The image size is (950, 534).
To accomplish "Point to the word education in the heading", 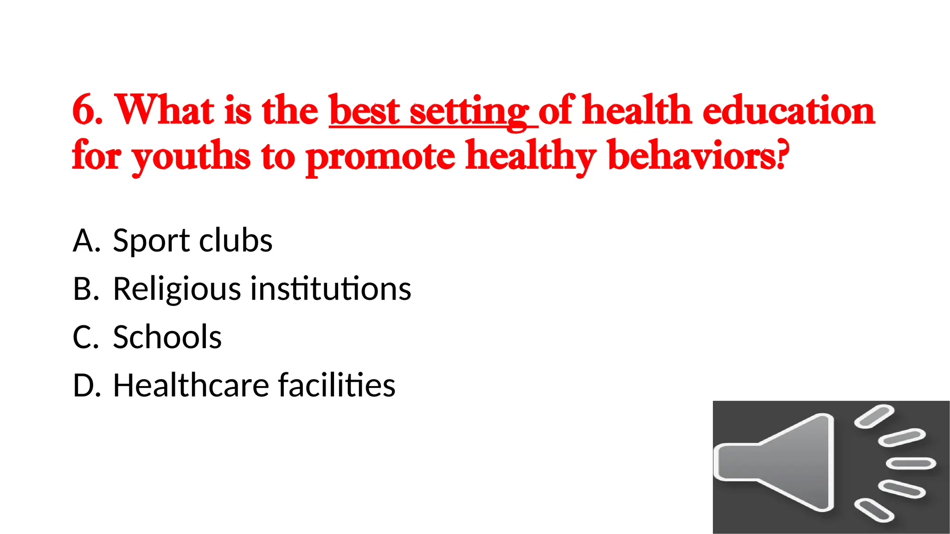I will (x=789, y=110).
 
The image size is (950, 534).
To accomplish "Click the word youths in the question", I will (x=191, y=157).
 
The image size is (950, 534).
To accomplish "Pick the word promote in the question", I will (x=380, y=157).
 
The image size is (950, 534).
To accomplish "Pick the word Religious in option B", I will (x=177, y=289).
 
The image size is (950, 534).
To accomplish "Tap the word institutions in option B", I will (x=331, y=288).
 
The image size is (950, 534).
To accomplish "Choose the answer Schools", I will (x=167, y=337).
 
